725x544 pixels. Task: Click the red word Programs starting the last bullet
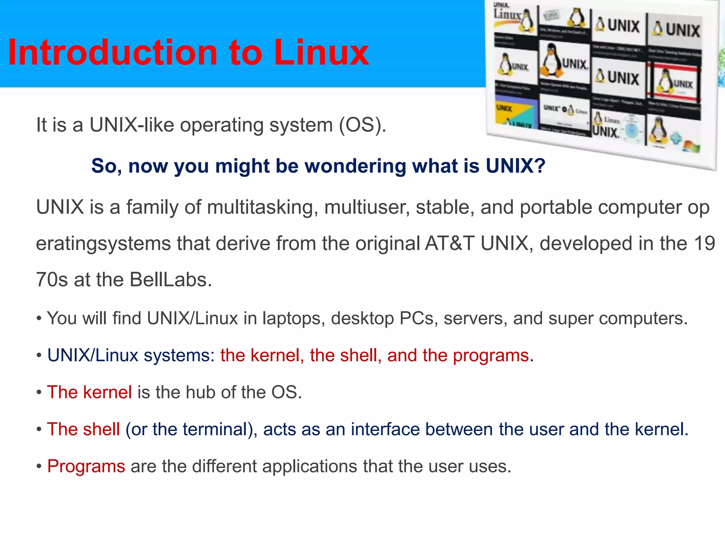click(86, 466)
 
